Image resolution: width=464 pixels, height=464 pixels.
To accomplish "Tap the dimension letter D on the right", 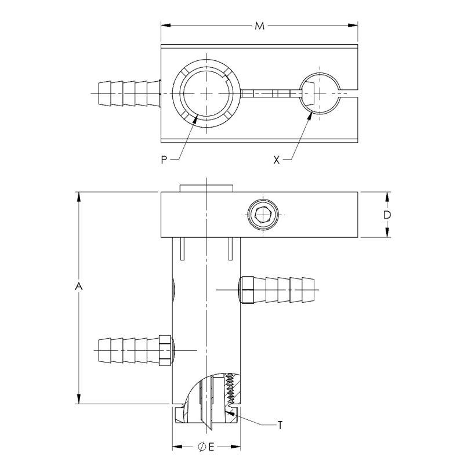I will click(387, 215).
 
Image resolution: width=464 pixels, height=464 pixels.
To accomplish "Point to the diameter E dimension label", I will click(207, 447).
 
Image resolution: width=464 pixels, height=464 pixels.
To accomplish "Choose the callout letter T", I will click(280, 425).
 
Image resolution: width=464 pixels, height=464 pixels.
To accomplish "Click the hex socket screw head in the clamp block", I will click(263, 215).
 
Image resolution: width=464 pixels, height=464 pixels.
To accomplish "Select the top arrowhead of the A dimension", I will click(79, 196).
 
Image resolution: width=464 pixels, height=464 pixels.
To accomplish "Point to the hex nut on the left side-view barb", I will click(165, 350).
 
